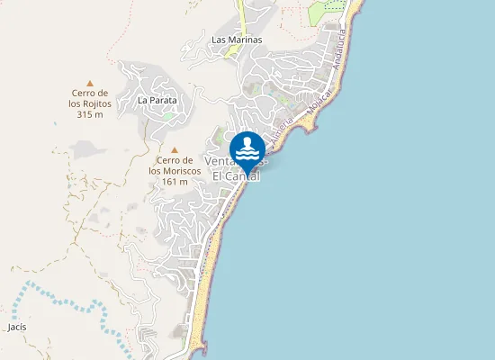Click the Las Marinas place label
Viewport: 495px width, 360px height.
coord(236,40)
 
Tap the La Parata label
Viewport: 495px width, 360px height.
coord(157,101)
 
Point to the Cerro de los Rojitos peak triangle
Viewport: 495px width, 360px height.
coord(89,82)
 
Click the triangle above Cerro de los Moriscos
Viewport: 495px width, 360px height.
coord(175,149)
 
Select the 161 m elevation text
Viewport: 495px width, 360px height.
coord(175,182)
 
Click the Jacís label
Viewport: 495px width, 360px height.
coord(16,327)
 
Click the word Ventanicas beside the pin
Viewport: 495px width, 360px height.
coord(220,162)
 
